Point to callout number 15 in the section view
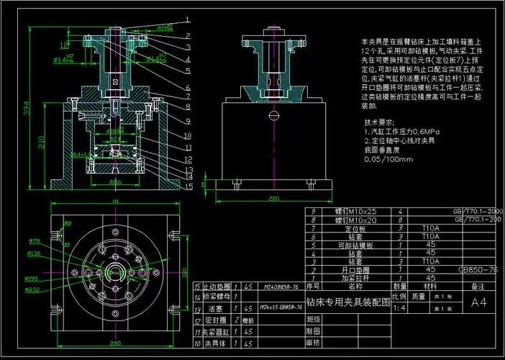click(x=187, y=186)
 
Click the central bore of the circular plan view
click(x=115, y=272)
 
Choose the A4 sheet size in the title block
click(x=478, y=303)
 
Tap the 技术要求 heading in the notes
click(x=380, y=122)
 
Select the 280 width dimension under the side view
click(x=274, y=199)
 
